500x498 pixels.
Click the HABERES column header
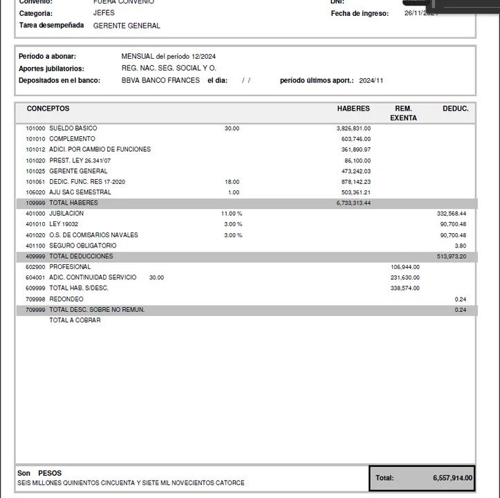pos(353,109)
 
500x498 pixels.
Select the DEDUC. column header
pos(455,109)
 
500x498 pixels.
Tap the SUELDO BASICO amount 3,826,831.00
pos(353,129)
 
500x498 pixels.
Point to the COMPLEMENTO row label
pos(73,139)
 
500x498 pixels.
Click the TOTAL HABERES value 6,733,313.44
pos(353,203)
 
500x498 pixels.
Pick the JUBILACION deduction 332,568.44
pos(452,214)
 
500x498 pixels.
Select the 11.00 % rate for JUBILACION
pos(232,214)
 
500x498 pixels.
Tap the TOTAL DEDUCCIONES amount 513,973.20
pos(452,257)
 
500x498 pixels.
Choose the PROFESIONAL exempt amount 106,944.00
pos(405,267)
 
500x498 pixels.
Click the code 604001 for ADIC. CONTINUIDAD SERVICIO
pos(35,277)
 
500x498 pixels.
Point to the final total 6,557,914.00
pos(452,478)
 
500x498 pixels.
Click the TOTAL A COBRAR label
pos(75,320)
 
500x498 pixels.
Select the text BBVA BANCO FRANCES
pos(160,80)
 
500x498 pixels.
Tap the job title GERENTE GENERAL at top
pos(127,26)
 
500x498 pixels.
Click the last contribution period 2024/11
pos(371,81)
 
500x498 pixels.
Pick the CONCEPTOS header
pos(48,109)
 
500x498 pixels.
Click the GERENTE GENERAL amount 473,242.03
pos(355,171)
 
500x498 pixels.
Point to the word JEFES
pos(104,13)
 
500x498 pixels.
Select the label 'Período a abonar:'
pos(47,56)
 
